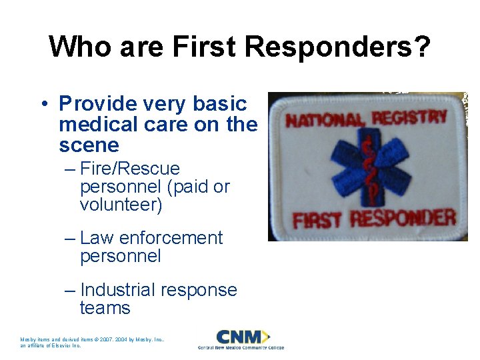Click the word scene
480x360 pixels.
(89, 145)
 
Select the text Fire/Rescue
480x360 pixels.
(130, 169)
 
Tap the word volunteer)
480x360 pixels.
(121, 205)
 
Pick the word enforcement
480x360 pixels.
(169, 238)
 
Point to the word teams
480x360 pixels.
(105, 308)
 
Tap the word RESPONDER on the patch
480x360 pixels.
(403, 218)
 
